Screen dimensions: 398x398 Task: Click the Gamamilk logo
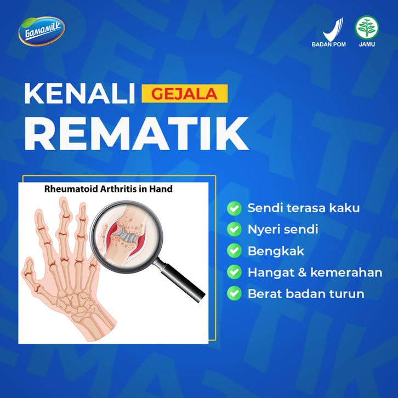point(42,31)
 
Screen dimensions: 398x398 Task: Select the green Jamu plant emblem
point(367,27)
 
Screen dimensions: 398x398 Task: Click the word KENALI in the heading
point(79,94)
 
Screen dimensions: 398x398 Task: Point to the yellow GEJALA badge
point(185,94)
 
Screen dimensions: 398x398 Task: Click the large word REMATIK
point(137,134)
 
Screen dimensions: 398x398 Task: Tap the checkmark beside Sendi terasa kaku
point(234,208)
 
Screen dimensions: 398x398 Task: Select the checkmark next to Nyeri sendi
point(234,229)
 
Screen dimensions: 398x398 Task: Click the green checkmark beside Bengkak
point(234,251)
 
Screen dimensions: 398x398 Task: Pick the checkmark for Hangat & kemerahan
point(234,272)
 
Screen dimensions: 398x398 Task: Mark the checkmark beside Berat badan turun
point(234,293)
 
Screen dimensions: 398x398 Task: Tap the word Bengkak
point(276,251)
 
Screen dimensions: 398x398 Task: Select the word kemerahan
point(346,272)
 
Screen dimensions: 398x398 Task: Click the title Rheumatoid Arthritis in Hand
point(109,189)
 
